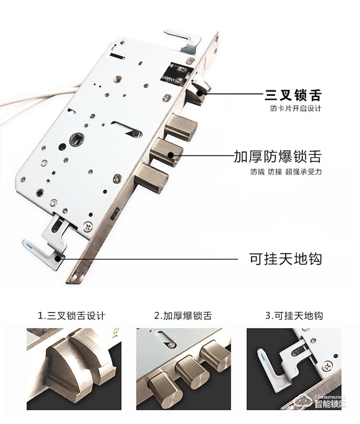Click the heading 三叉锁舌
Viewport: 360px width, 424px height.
(x=293, y=94)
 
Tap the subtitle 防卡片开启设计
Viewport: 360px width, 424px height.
(x=296, y=108)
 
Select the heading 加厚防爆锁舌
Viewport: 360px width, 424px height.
(x=277, y=156)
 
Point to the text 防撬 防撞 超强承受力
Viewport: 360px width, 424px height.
(x=286, y=172)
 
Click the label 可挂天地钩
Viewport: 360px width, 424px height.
(x=285, y=259)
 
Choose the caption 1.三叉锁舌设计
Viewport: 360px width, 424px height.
(x=72, y=316)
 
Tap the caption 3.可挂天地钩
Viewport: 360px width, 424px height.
(x=294, y=316)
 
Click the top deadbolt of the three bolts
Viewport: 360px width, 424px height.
(x=181, y=127)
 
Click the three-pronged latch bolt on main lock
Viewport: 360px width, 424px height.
(x=198, y=91)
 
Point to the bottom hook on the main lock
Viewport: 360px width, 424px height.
(x=43, y=249)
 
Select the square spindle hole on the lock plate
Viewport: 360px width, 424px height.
(x=75, y=140)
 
